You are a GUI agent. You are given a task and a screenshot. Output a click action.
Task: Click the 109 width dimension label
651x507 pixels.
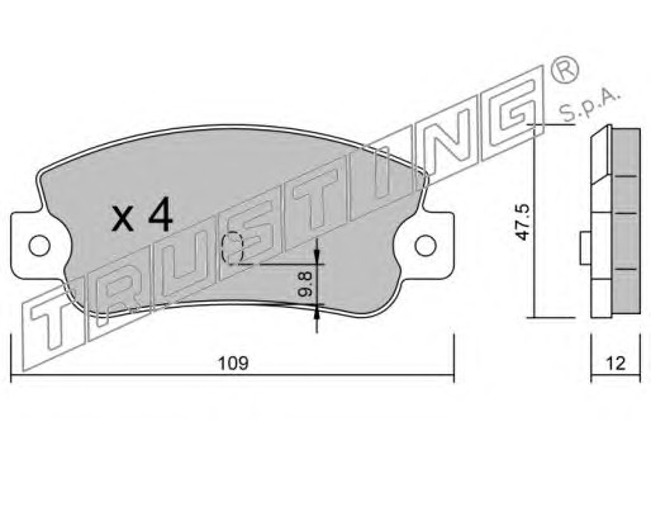[234, 363]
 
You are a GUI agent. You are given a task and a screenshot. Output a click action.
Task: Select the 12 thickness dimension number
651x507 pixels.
[616, 363]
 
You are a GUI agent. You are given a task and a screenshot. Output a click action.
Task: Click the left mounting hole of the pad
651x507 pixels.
[40, 246]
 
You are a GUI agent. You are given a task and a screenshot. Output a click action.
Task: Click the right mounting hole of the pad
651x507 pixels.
[426, 246]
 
